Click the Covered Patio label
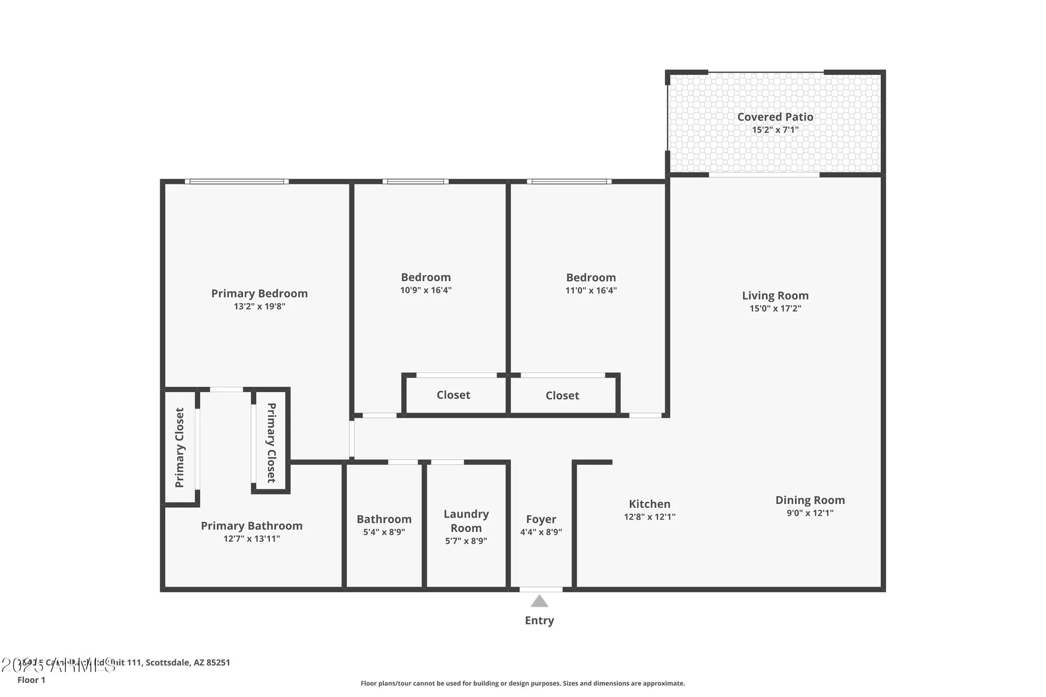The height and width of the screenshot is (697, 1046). coord(775,117)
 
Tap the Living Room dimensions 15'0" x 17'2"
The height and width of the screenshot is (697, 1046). coord(775,308)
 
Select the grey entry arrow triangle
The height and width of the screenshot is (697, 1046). coord(539,601)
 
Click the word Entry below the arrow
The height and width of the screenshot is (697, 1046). coord(539,620)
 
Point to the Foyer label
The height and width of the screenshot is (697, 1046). coord(541,519)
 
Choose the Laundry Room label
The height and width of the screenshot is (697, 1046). coord(466,521)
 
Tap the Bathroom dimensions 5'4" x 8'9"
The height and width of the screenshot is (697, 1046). coord(384,532)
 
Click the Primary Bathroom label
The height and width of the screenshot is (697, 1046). coord(252,525)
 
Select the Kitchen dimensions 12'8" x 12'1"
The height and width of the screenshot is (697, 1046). coord(650,517)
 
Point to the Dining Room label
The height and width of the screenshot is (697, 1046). coord(810,500)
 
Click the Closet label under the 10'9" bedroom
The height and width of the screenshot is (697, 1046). coord(453,395)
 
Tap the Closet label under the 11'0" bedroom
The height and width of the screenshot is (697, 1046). coord(562,395)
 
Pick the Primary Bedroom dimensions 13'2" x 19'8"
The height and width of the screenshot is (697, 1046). coord(259,306)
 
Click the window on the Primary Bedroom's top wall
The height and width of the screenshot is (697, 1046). coord(236,181)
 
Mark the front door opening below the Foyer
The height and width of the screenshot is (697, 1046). coord(541,589)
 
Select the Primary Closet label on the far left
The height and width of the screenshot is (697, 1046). coord(179,448)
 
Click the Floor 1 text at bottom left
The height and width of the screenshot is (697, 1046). coord(31,680)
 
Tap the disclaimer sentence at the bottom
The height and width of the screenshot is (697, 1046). coord(522,683)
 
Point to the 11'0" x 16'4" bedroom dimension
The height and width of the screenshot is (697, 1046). coord(591,290)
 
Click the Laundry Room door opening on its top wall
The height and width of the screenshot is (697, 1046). coord(447,462)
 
